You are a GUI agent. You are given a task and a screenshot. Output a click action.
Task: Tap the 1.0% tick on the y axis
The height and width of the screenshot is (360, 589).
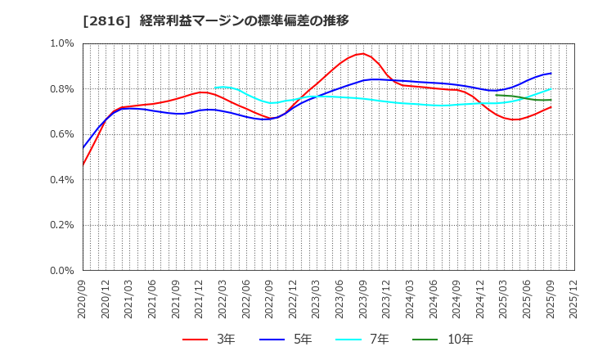[61, 43]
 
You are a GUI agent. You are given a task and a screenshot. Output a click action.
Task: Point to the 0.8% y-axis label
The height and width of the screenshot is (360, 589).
[61, 88]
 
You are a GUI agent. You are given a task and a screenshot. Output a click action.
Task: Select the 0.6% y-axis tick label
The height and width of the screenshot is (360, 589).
[61, 134]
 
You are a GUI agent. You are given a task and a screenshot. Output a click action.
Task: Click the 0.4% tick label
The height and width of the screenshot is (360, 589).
[61, 179]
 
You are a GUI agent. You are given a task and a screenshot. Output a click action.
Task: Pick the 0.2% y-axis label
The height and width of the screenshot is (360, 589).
[61, 225]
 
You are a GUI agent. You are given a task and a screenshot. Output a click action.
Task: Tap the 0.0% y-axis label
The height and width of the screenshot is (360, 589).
[61, 270]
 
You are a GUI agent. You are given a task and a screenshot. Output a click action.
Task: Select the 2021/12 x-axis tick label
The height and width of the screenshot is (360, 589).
[197, 301]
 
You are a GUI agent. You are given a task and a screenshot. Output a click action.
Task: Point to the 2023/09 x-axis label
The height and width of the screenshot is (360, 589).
[362, 301]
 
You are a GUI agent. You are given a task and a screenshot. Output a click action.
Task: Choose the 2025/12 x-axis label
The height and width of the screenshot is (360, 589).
[574, 301]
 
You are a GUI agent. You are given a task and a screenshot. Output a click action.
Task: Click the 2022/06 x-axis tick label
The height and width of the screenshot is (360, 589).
[245, 301]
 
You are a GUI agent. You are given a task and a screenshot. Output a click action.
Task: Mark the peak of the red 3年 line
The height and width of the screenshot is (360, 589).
[362, 54]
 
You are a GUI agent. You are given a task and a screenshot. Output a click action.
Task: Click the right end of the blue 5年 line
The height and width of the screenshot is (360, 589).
[551, 73]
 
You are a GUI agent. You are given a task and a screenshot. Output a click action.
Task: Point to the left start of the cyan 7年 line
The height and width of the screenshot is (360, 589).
[214, 88]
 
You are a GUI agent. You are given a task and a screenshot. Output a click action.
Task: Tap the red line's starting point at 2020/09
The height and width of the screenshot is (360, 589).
[83, 165]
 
